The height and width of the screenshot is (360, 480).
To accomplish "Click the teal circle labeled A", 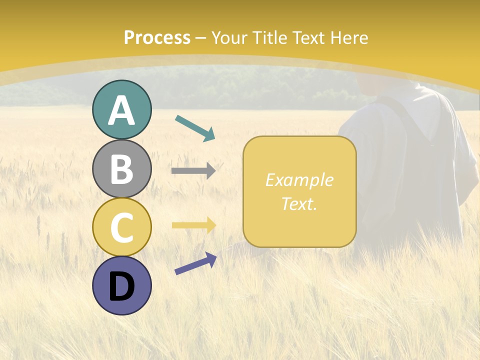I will tap(121, 109).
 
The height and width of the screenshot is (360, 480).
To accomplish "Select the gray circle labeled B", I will tap(121, 168).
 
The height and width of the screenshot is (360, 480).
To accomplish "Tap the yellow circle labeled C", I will tap(121, 226).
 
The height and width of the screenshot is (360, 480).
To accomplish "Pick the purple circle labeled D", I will tap(121, 285).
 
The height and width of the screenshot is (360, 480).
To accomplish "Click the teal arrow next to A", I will tap(195, 128).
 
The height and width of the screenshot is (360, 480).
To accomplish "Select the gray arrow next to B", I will tap(193, 171).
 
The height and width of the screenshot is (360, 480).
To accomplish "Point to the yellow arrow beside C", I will tap(193, 225).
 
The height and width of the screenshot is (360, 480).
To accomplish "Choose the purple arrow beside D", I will tap(195, 263).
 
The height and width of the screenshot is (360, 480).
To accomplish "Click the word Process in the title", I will tap(157, 38).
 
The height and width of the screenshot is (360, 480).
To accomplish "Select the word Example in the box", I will tap(299, 180).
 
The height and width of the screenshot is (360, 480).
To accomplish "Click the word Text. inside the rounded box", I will tap(299, 203).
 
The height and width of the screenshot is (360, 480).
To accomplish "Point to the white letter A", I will tap(121, 110).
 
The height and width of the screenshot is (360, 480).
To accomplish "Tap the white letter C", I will tap(121, 227).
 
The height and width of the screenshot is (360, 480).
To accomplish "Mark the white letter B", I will tap(121, 169).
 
